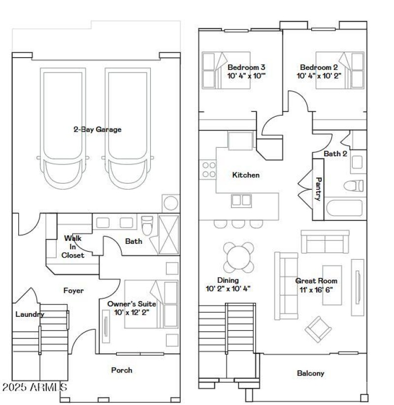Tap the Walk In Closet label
[73, 247]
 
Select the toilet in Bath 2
[354, 186]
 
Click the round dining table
[239, 257]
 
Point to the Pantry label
[318, 189]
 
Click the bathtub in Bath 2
[345, 209]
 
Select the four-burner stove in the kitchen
[209, 170]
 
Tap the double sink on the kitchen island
[241, 200]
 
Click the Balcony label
[311, 373]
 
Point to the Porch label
[122, 370]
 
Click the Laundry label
[30, 314]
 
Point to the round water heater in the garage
[171, 203]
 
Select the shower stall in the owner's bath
[168, 235]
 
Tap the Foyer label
[73, 291]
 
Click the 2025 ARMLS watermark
[34, 387]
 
